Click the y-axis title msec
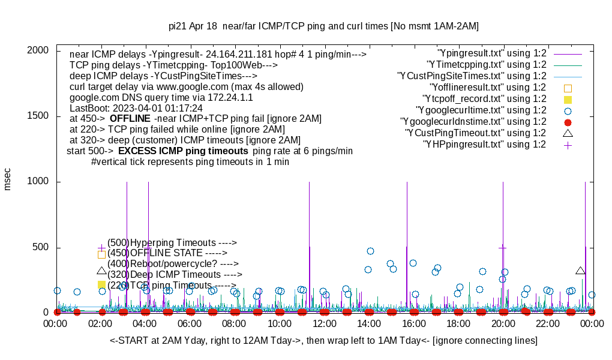tap(8, 179)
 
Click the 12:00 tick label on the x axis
tap(324, 323)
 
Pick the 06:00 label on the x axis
tap(190, 323)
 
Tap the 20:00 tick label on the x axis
tap(503, 323)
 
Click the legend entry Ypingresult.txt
tap(492, 53)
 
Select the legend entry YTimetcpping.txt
tap(487, 64)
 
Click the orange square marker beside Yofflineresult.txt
tap(568, 88)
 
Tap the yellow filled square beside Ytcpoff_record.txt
tap(568, 99)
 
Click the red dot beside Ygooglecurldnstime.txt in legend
tap(568, 122)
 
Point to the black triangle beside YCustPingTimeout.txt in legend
tap(568, 133)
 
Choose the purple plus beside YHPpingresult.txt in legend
tap(568, 145)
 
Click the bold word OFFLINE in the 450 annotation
tap(130, 118)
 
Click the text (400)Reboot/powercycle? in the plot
tap(173, 263)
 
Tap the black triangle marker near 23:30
tap(580, 271)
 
